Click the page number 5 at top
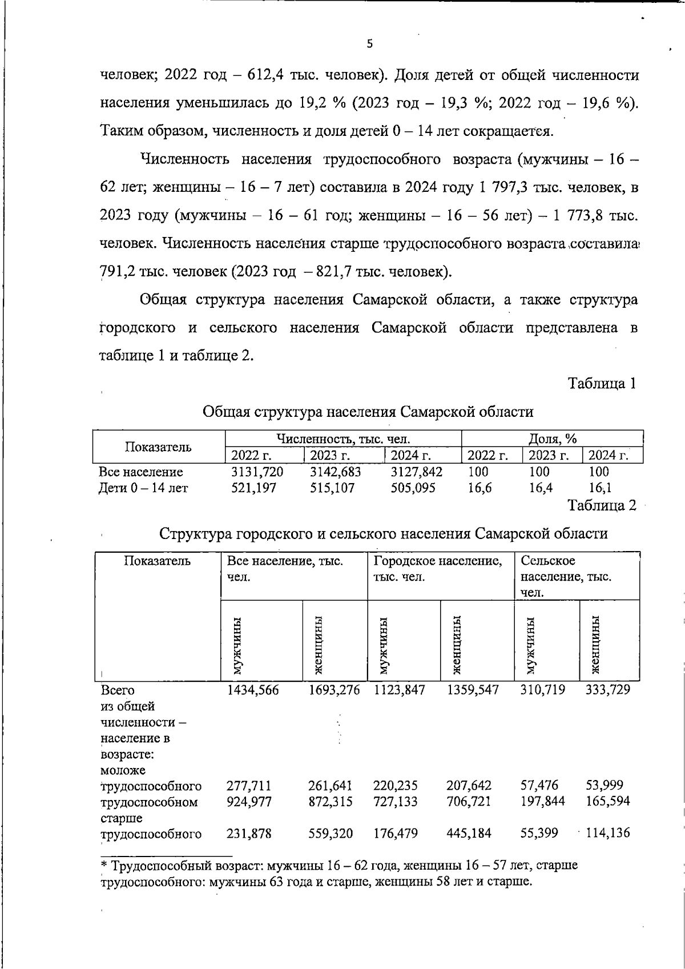(x=369, y=44)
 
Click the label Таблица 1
(x=602, y=384)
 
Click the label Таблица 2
(x=602, y=506)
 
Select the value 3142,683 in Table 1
(x=335, y=472)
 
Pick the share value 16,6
(x=479, y=488)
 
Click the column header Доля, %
(x=552, y=439)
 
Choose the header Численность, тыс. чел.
(x=343, y=439)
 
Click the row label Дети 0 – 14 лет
(x=143, y=488)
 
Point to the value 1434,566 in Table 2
(x=253, y=690)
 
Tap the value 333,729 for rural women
(x=608, y=690)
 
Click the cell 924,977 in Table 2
(x=249, y=802)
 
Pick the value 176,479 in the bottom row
(x=396, y=834)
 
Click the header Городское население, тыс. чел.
(x=438, y=569)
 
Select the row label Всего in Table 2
(x=118, y=690)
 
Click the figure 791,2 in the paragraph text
(x=116, y=271)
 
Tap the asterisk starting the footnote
(x=103, y=866)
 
